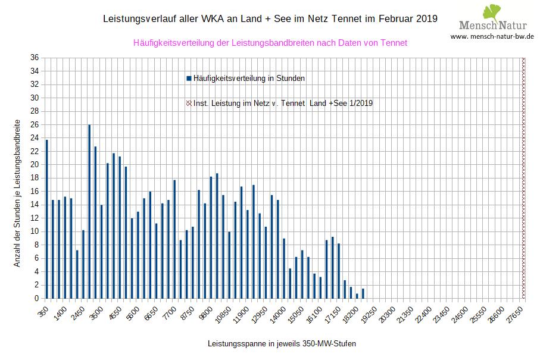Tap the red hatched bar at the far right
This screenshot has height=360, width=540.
pyautogui.click(x=524, y=179)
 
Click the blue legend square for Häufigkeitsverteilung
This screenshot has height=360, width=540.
pyautogui.click(x=189, y=78)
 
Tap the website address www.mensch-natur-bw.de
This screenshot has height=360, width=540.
pyautogui.click(x=492, y=36)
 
